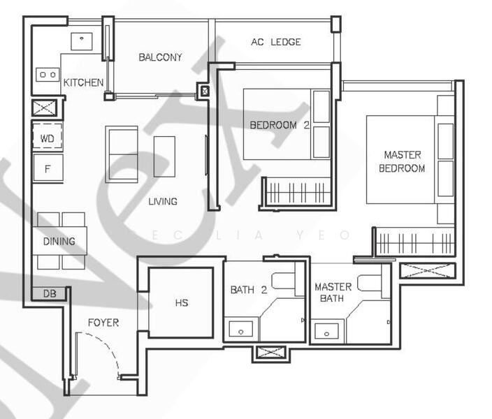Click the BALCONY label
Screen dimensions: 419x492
(160, 57)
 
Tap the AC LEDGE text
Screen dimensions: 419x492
(275, 42)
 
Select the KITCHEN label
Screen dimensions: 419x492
(83, 82)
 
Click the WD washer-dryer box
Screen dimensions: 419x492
(48, 138)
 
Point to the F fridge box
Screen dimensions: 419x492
(48, 168)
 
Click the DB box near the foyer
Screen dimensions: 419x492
(50, 294)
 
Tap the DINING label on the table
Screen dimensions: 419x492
(59, 242)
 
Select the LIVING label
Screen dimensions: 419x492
(162, 201)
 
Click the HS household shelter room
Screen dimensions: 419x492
(182, 303)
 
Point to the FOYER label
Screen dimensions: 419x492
(103, 323)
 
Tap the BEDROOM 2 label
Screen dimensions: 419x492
(280, 126)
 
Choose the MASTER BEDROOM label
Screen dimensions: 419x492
(402, 161)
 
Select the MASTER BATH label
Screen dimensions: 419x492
(333, 293)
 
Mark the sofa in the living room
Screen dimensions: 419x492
(121, 153)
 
